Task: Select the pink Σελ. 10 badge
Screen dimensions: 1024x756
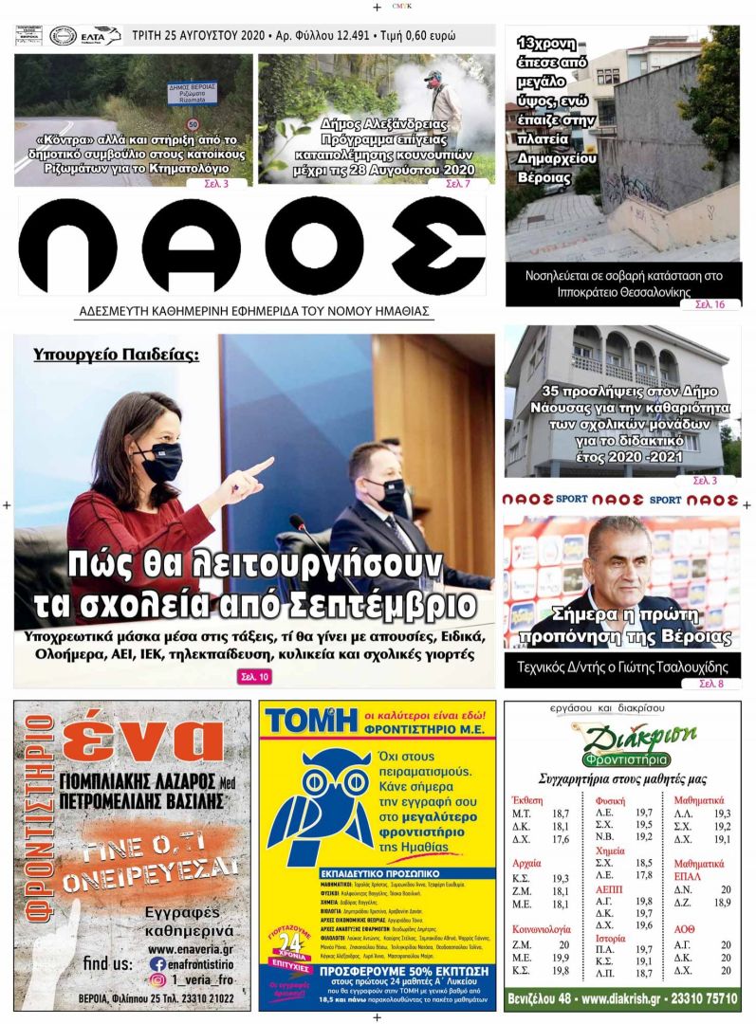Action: point(253,676)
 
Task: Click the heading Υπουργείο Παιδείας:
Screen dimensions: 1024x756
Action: point(116,356)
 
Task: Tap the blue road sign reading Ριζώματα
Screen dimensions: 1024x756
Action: point(193,92)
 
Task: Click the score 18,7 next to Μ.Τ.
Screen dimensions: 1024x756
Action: point(561,814)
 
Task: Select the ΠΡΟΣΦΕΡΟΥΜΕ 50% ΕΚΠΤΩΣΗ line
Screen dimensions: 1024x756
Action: point(377,972)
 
